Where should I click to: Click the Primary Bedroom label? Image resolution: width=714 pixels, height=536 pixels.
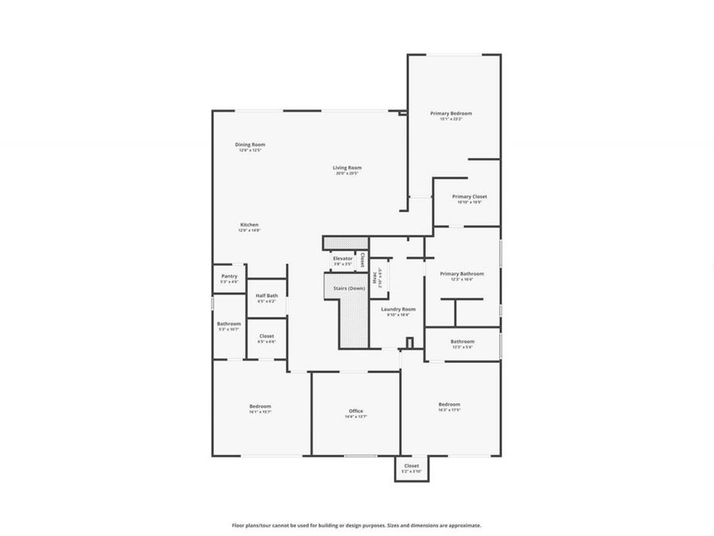coord(451,114)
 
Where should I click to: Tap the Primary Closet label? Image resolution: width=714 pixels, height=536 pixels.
coord(469,196)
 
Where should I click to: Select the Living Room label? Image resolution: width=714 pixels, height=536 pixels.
coord(347,168)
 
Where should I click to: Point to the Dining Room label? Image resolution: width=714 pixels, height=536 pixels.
coord(250,145)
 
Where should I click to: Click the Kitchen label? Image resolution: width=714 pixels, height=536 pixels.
coord(249,225)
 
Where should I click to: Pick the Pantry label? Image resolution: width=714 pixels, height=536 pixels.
coord(229,276)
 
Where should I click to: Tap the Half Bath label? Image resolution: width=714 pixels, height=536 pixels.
coord(266,295)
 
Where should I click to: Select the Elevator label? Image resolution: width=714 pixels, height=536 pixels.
coord(343,258)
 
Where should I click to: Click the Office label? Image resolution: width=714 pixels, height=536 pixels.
coord(355,411)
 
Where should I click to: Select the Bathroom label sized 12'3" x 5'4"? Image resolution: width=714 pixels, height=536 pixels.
coord(462,341)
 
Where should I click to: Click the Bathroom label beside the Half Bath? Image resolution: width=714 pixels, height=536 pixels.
coord(228,323)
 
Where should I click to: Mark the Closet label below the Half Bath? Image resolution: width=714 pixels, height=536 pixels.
coord(267,336)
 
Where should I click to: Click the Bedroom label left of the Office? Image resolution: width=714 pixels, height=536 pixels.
coord(260,406)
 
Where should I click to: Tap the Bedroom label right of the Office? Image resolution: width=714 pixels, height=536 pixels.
coord(449,404)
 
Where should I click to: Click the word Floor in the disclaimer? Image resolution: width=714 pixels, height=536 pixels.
coord(238,525)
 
